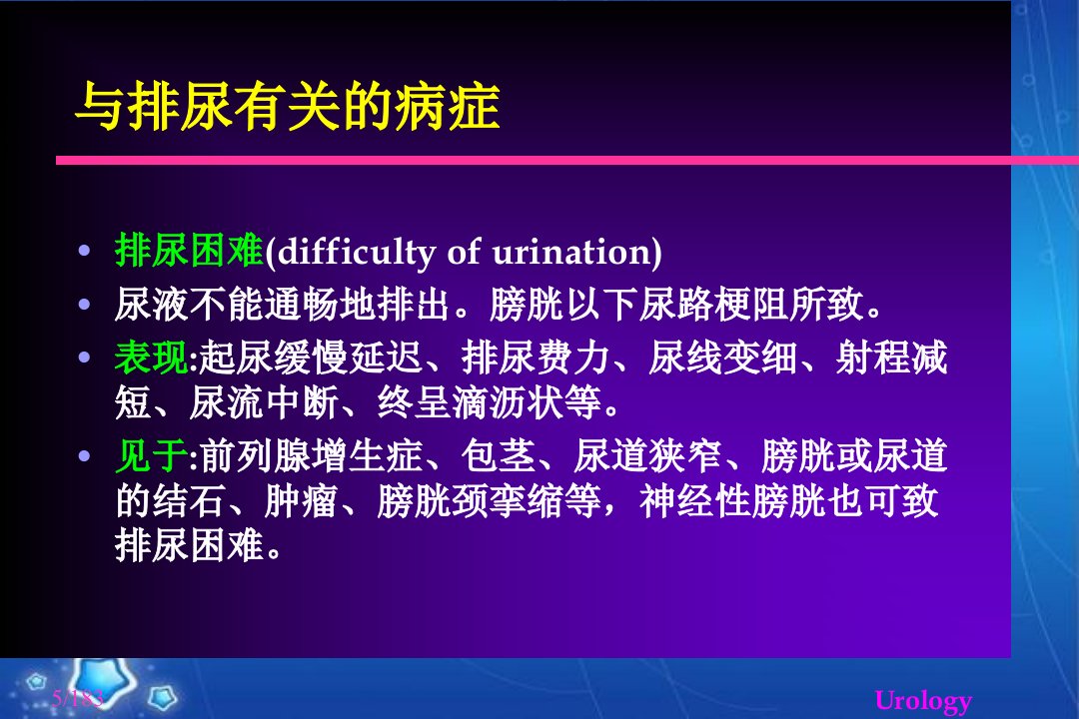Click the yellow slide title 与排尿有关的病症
[287, 107]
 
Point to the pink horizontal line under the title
[567, 161]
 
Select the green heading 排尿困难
[189, 250]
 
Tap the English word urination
[571, 252]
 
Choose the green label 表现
[152, 358]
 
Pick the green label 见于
[152, 455]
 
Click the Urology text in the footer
[923, 701]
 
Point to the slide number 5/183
[77, 698]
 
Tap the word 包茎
[499, 455]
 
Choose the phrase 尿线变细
[722, 358]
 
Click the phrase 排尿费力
[536, 358]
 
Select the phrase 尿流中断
[264, 402]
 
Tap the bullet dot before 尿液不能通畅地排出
[85, 304]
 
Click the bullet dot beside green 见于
[85, 455]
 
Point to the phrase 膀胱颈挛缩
[470, 501]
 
